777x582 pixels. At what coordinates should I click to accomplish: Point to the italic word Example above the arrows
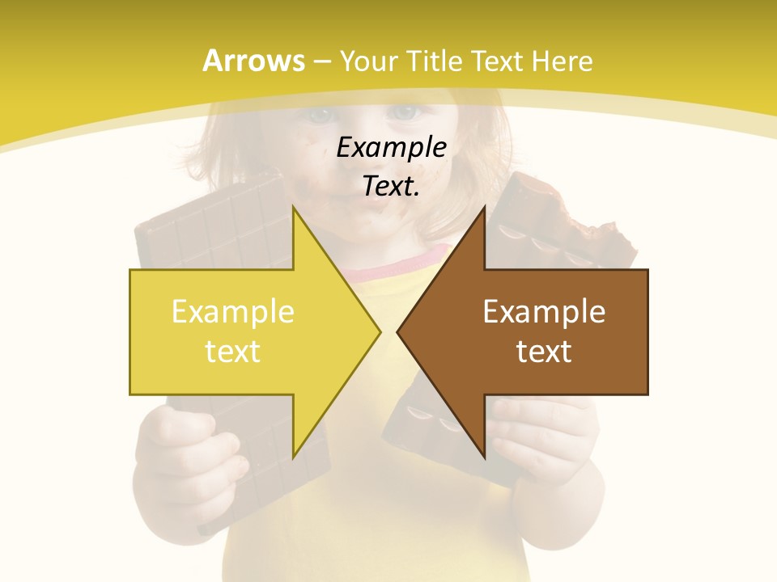point(391,147)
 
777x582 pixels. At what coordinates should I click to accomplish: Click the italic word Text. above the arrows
point(391,186)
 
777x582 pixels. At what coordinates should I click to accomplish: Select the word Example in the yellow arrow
point(232,312)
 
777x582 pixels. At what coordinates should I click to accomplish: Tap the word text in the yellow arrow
point(232,351)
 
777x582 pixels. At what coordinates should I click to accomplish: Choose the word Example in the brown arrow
point(544,312)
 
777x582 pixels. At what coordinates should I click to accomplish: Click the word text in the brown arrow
point(544,351)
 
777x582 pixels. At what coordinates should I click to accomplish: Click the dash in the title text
point(321,61)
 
